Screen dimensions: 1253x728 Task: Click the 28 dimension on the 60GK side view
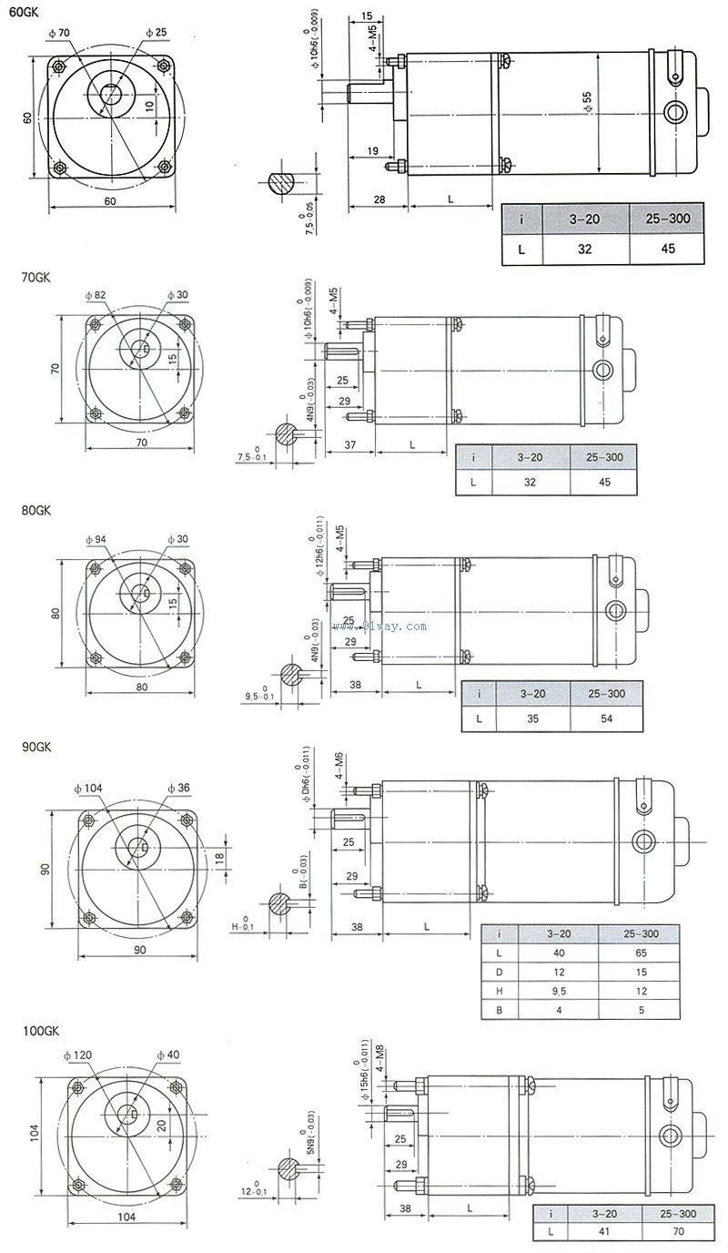pos(378,199)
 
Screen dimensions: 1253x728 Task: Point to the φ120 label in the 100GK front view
pos(78,1054)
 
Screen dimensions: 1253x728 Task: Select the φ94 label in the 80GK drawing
pos(95,539)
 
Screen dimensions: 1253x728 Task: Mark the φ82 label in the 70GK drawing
pos(94,295)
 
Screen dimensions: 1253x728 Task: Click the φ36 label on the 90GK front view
pos(178,788)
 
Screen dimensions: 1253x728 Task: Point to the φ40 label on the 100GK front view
pos(168,1054)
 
